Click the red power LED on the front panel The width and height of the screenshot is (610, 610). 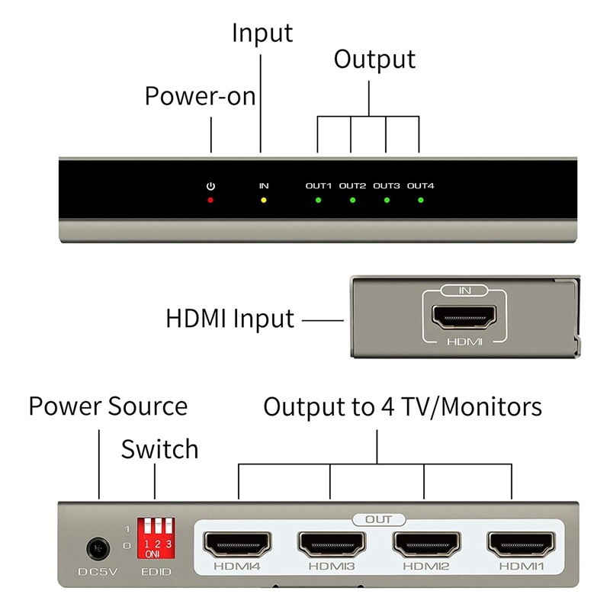[211, 201]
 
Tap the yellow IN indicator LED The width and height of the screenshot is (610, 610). [264, 201]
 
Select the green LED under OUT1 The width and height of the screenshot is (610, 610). [319, 201]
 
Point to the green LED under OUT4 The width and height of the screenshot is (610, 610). [420, 201]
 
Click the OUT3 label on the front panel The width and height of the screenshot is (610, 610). [387, 186]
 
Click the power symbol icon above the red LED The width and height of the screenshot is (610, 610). [211, 186]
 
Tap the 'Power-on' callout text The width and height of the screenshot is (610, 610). [200, 97]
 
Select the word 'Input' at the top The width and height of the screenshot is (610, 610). [262, 34]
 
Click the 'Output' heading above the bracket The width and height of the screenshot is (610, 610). [374, 59]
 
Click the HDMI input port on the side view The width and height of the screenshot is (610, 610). [464, 315]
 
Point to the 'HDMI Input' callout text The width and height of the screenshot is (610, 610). [230, 318]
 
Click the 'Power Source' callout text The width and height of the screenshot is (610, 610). [108, 406]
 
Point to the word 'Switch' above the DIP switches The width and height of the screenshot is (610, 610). [159, 449]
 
